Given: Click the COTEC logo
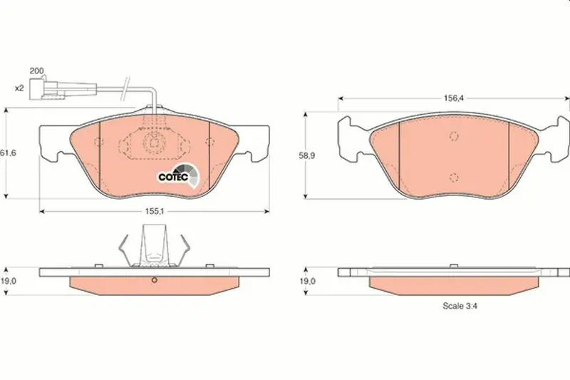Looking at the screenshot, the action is (x=179, y=175).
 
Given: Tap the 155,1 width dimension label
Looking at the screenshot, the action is (x=155, y=211).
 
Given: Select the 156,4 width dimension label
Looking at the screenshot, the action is (x=454, y=98).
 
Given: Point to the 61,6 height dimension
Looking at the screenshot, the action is (x=8, y=153).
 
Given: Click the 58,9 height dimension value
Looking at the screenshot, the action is (x=307, y=155).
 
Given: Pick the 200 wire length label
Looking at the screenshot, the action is (x=36, y=71).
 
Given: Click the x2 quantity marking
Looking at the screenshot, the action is (x=19, y=88).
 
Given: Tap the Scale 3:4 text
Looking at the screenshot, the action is (x=460, y=306).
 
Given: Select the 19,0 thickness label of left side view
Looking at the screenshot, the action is (x=7, y=281).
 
